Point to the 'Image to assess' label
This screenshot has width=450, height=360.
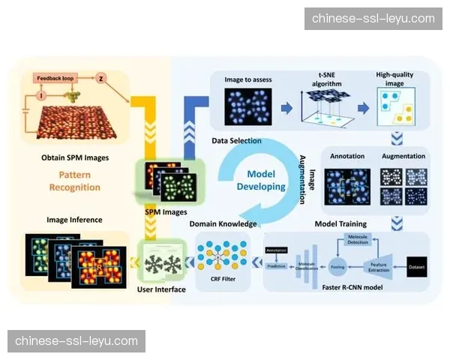pos(247,79)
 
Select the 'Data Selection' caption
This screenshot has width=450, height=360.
pos(236,140)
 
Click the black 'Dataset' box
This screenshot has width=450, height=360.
pos(417,265)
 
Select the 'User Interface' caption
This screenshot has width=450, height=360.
pos(160,289)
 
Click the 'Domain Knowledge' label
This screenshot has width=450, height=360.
pos(223,223)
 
